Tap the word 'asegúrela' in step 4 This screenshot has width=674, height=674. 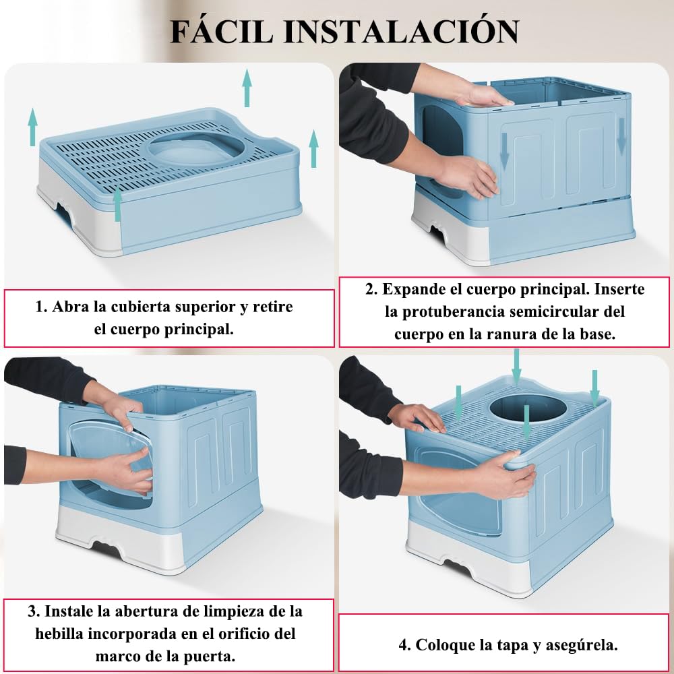(x=582, y=645)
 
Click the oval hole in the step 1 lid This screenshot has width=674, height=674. (x=195, y=149)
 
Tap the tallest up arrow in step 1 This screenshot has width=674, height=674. (x=247, y=88)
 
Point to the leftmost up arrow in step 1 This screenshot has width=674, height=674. (x=32, y=127)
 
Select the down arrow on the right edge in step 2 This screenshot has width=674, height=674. (x=621, y=136)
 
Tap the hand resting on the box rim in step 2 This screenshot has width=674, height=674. (x=483, y=96)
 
